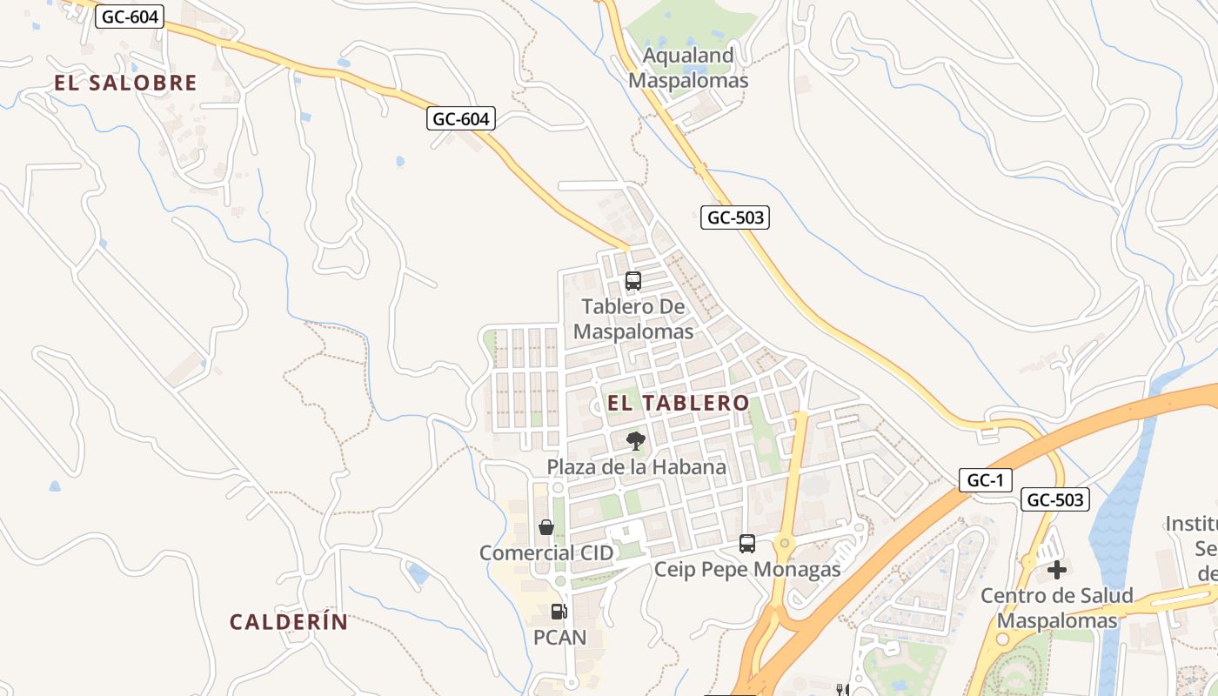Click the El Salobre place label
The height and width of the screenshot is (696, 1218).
click(126, 84)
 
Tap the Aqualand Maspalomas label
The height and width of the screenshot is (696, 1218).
click(688, 68)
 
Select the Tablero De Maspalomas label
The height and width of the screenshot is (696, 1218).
click(633, 319)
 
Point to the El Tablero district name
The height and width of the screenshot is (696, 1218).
click(678, 403)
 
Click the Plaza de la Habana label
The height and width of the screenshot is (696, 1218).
click(636, 467)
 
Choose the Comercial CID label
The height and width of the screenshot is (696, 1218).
click(546, 552)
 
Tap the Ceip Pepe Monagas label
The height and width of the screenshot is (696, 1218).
click(747, 570)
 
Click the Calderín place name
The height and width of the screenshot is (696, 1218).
click(289, 622)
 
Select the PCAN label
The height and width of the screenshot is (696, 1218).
click(559, 638)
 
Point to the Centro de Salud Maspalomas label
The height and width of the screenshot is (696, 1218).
click(1057, 608)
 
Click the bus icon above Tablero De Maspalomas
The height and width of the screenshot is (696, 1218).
click(633, 281)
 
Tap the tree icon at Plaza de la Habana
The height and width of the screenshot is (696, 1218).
click(636, 441)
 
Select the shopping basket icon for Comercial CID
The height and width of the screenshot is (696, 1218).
click(546, 527)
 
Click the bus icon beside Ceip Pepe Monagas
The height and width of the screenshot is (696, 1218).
click(747, 544)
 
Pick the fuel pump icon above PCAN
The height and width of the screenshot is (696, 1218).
click(559, 612)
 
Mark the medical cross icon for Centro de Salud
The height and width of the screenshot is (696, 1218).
click(1057, 570)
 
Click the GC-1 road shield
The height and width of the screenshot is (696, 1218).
click(986, 479)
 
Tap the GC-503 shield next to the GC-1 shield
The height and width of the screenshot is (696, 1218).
click(1056, 499)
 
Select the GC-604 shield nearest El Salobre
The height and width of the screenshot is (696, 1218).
click(130, 17)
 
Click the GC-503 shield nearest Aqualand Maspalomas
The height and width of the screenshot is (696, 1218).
click(735, 217)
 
